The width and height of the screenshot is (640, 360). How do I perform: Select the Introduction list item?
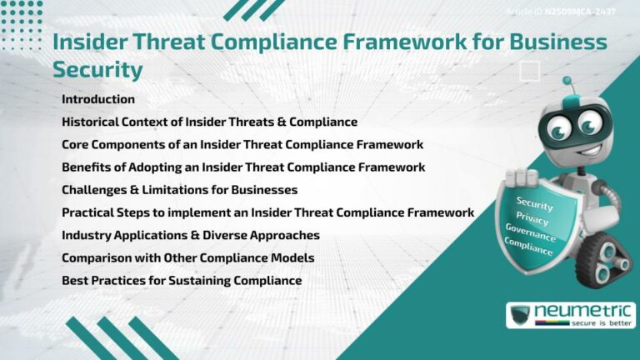(97, 99)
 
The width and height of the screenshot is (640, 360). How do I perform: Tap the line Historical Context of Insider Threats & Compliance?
(209, 122)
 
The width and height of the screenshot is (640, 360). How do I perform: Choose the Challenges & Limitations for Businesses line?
(179, 189)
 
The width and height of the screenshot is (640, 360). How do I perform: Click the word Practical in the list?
(89, 212)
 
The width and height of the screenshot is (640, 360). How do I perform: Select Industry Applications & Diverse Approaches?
(190, 235)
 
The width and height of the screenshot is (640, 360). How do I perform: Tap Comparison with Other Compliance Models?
(187, 257)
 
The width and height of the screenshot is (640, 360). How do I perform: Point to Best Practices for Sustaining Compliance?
(181, 280)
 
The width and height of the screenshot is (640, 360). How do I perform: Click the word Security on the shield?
(534, 202)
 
